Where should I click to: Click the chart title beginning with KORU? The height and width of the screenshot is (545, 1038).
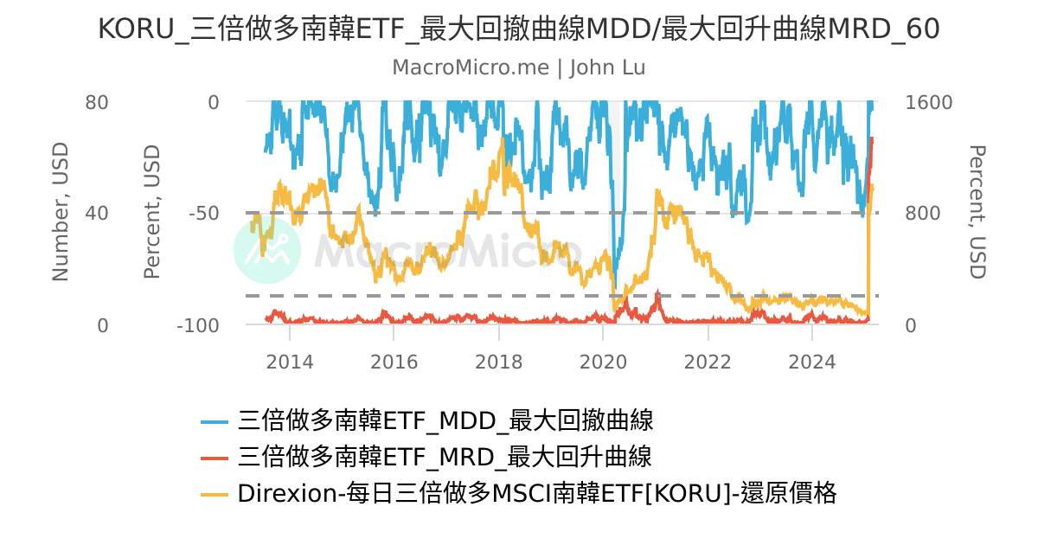pos(518,29)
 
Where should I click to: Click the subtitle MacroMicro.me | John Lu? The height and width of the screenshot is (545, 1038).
pos(518,67)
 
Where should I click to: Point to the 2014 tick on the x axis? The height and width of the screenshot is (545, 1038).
pos(290,361)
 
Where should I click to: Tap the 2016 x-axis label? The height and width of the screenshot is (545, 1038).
pos(394,361)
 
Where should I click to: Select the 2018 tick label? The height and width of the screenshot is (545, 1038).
pos(498,361)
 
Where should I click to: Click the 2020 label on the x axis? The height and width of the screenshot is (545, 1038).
pos(603,361)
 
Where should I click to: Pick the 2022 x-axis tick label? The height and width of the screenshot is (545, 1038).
pos(708,361)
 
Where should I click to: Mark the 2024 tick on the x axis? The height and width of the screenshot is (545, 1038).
pos(812,361)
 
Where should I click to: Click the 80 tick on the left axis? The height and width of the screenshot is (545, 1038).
pos(97,103)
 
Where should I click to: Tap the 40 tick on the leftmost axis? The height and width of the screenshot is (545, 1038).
pos(97,214)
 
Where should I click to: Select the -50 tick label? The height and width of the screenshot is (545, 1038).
pos(204,214)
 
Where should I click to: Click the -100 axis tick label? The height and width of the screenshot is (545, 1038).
pos(198,326)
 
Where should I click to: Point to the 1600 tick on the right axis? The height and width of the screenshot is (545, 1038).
pos(928,103)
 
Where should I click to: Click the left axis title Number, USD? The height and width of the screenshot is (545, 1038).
pos(60,213)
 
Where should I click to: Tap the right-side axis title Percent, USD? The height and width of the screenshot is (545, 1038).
pos(977,213)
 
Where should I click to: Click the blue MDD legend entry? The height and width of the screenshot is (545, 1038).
pos(427,421)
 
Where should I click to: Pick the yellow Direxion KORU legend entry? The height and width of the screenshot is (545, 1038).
pos(519,493)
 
